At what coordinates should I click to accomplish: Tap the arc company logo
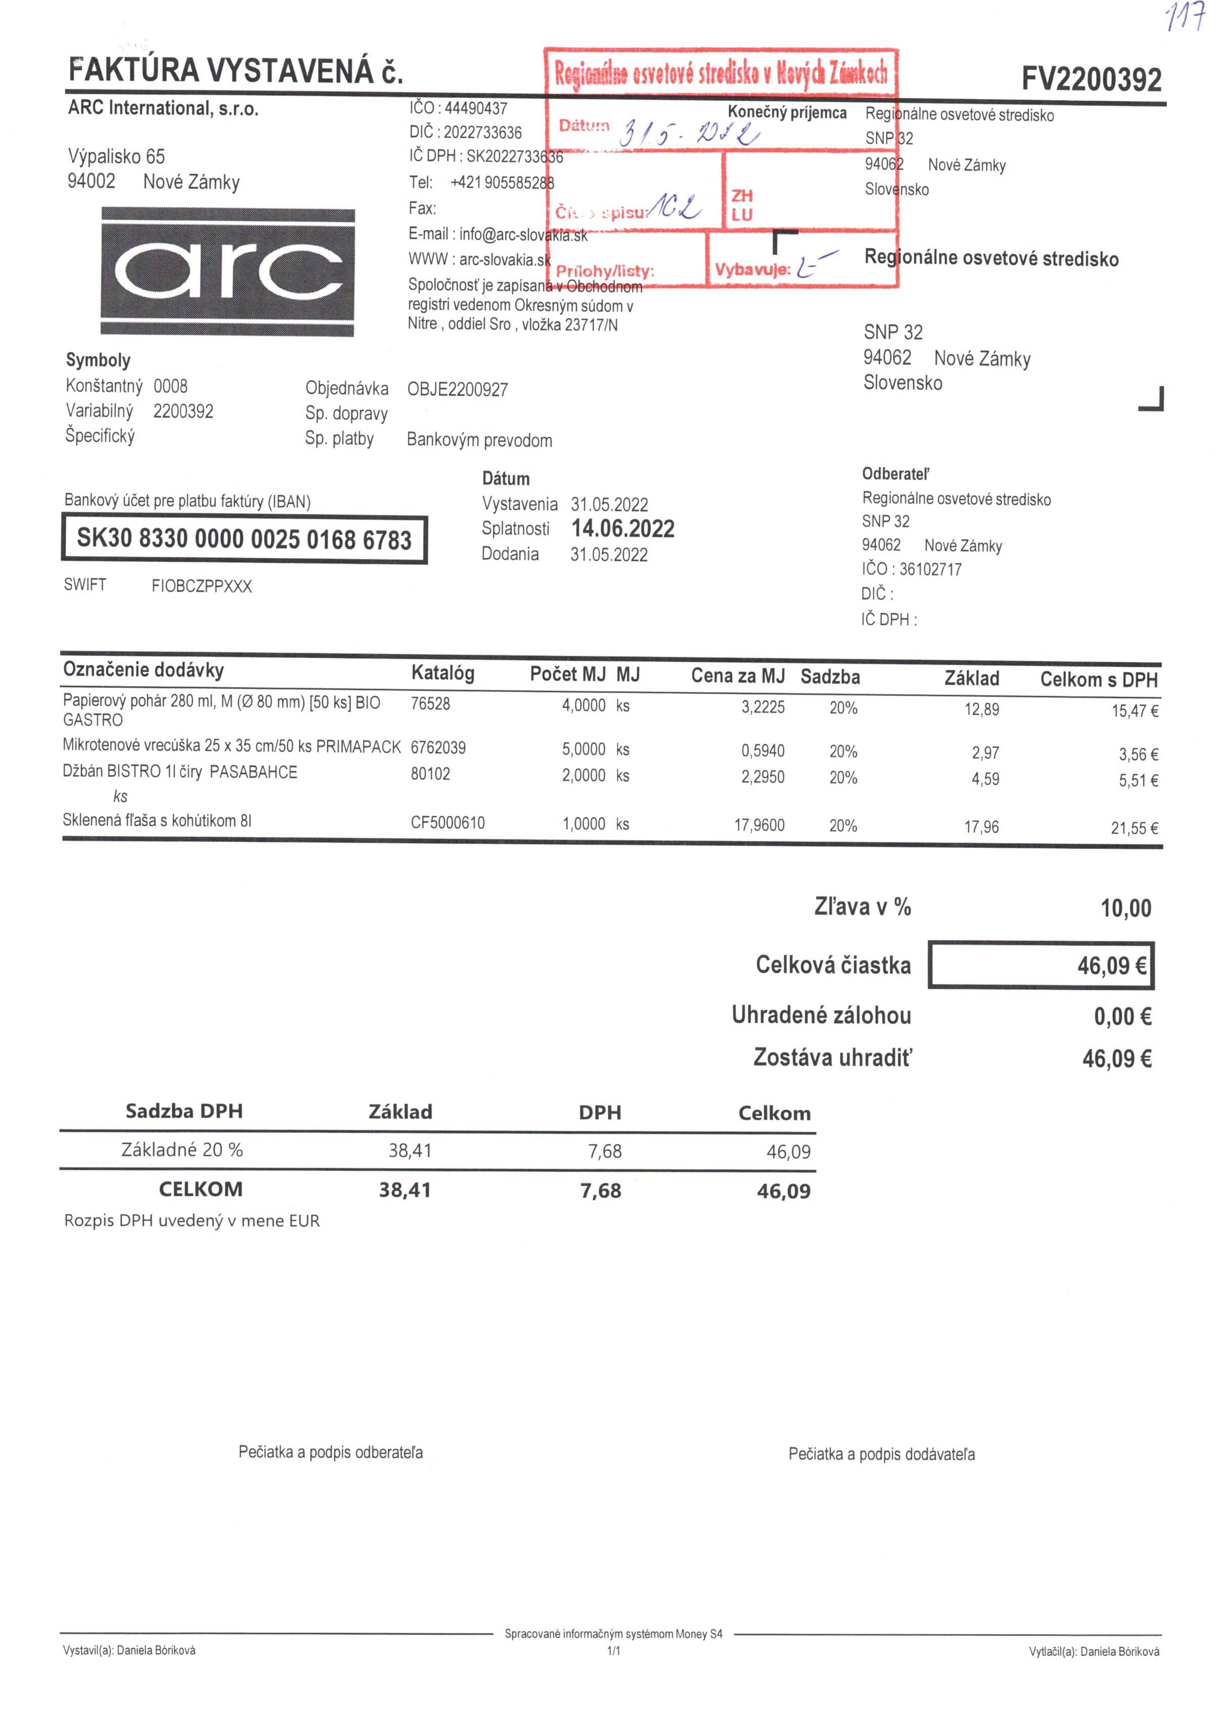coord(228,271)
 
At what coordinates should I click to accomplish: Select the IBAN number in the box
coord(244,539)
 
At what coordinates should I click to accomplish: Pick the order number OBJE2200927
coord(457,390)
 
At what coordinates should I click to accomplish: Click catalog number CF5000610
coord(447,823)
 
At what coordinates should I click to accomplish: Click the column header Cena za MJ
coord(737,675)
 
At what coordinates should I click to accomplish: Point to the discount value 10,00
coord(1125,908)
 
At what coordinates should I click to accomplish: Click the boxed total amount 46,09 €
coord(1111,966)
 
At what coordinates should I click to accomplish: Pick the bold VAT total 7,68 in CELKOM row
coord(600,1191)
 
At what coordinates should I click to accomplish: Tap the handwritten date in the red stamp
coord(688,133)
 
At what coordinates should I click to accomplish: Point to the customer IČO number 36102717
coord(930,569)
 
